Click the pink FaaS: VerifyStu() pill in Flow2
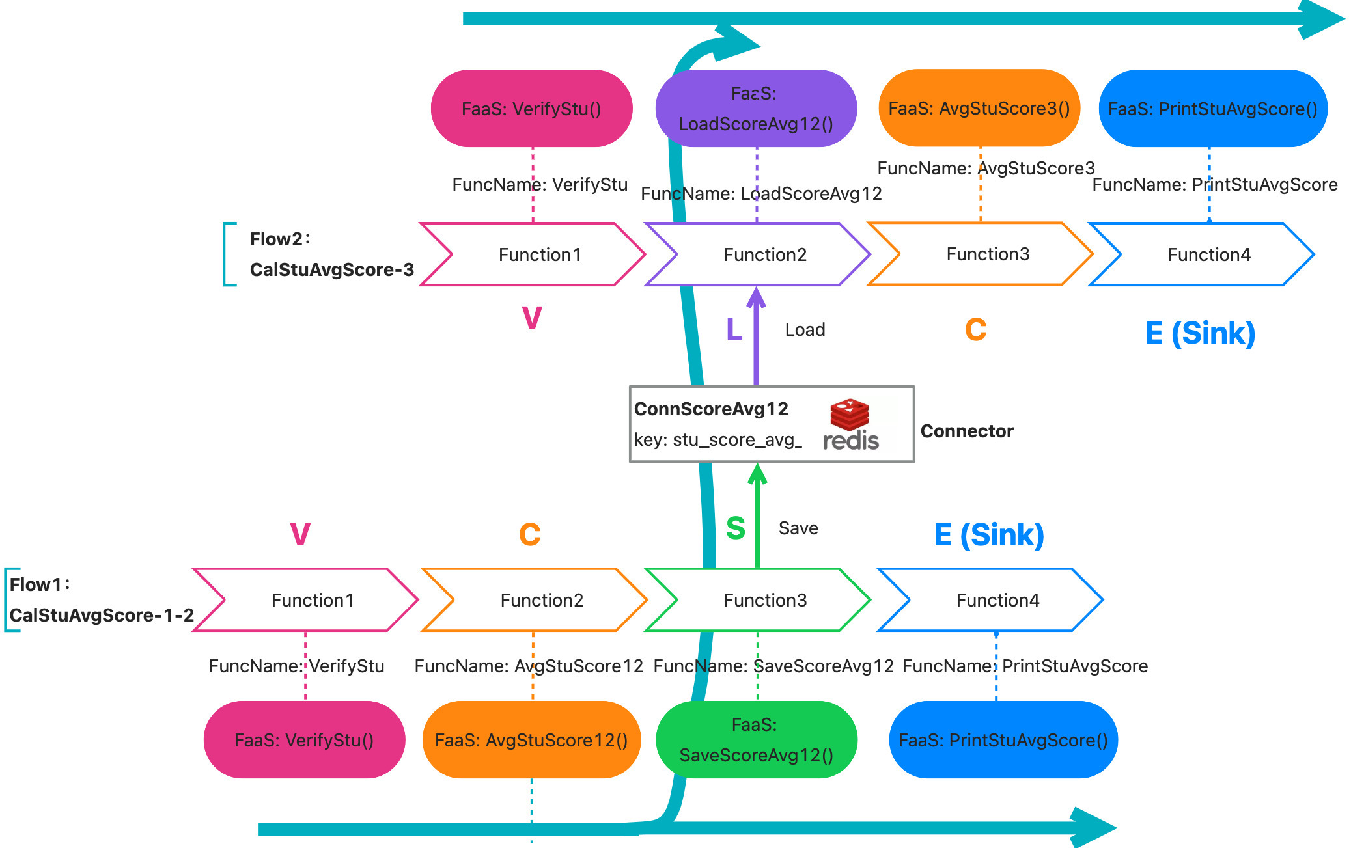[531, 109]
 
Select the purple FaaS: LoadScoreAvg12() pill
[755, 109]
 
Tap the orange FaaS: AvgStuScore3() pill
[979, 109]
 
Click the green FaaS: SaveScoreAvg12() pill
[756, 740]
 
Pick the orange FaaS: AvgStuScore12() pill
[531, 740]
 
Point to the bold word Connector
[967, 431]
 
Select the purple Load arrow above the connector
[756, 338]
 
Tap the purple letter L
[734, 330]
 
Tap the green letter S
[736, 528]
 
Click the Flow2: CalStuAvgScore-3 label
[331, 254]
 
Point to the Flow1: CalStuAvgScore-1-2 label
[101, 600]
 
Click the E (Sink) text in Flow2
[1200, 333]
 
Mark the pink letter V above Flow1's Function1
[300, 534]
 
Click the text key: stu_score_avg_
[717, 440]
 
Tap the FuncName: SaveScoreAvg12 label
[773, 666]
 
